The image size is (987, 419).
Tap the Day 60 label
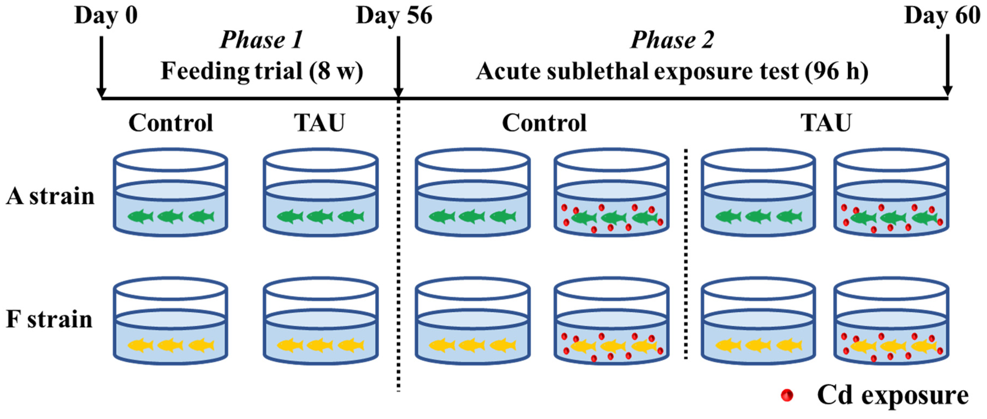(x=942, y=16)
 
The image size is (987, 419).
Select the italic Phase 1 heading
(x=262, y=40)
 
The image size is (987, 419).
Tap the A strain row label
(x=50, y=196)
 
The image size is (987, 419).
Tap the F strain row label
(x=49, y=319)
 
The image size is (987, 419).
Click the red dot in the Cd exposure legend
(x=787, y=395)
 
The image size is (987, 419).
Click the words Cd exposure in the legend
(x=893, y=395)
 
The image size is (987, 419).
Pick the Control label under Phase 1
(x=170, y=123)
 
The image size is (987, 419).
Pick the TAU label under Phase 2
(x=826, y=123)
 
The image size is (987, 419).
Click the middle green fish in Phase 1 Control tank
(x=170, y=217)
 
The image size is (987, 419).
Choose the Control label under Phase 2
(x=544, y=123)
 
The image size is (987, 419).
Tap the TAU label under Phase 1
(x=320, y=123)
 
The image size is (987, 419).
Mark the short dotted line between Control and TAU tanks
(x=686, y=253)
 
